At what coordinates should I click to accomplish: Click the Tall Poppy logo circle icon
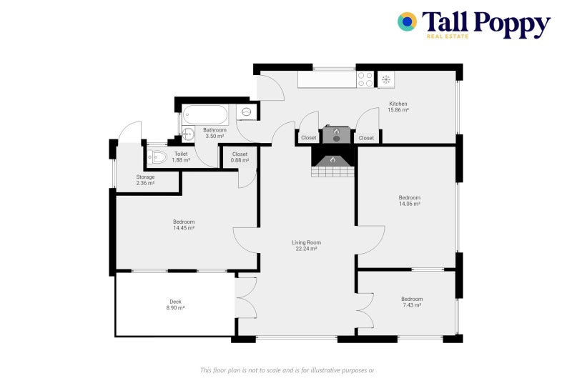click(x=408, y=21)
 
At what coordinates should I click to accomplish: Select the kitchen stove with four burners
click(x=365, y=79)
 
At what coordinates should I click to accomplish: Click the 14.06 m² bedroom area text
click(x=410, y=204)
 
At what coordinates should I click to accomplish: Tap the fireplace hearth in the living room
click(x=332, y=164)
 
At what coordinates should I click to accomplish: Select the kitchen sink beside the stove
click(x=385, y=79)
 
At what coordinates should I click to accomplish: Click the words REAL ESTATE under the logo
click(x=447, y=36)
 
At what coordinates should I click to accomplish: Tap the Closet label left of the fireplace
click(x=308, y=138)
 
